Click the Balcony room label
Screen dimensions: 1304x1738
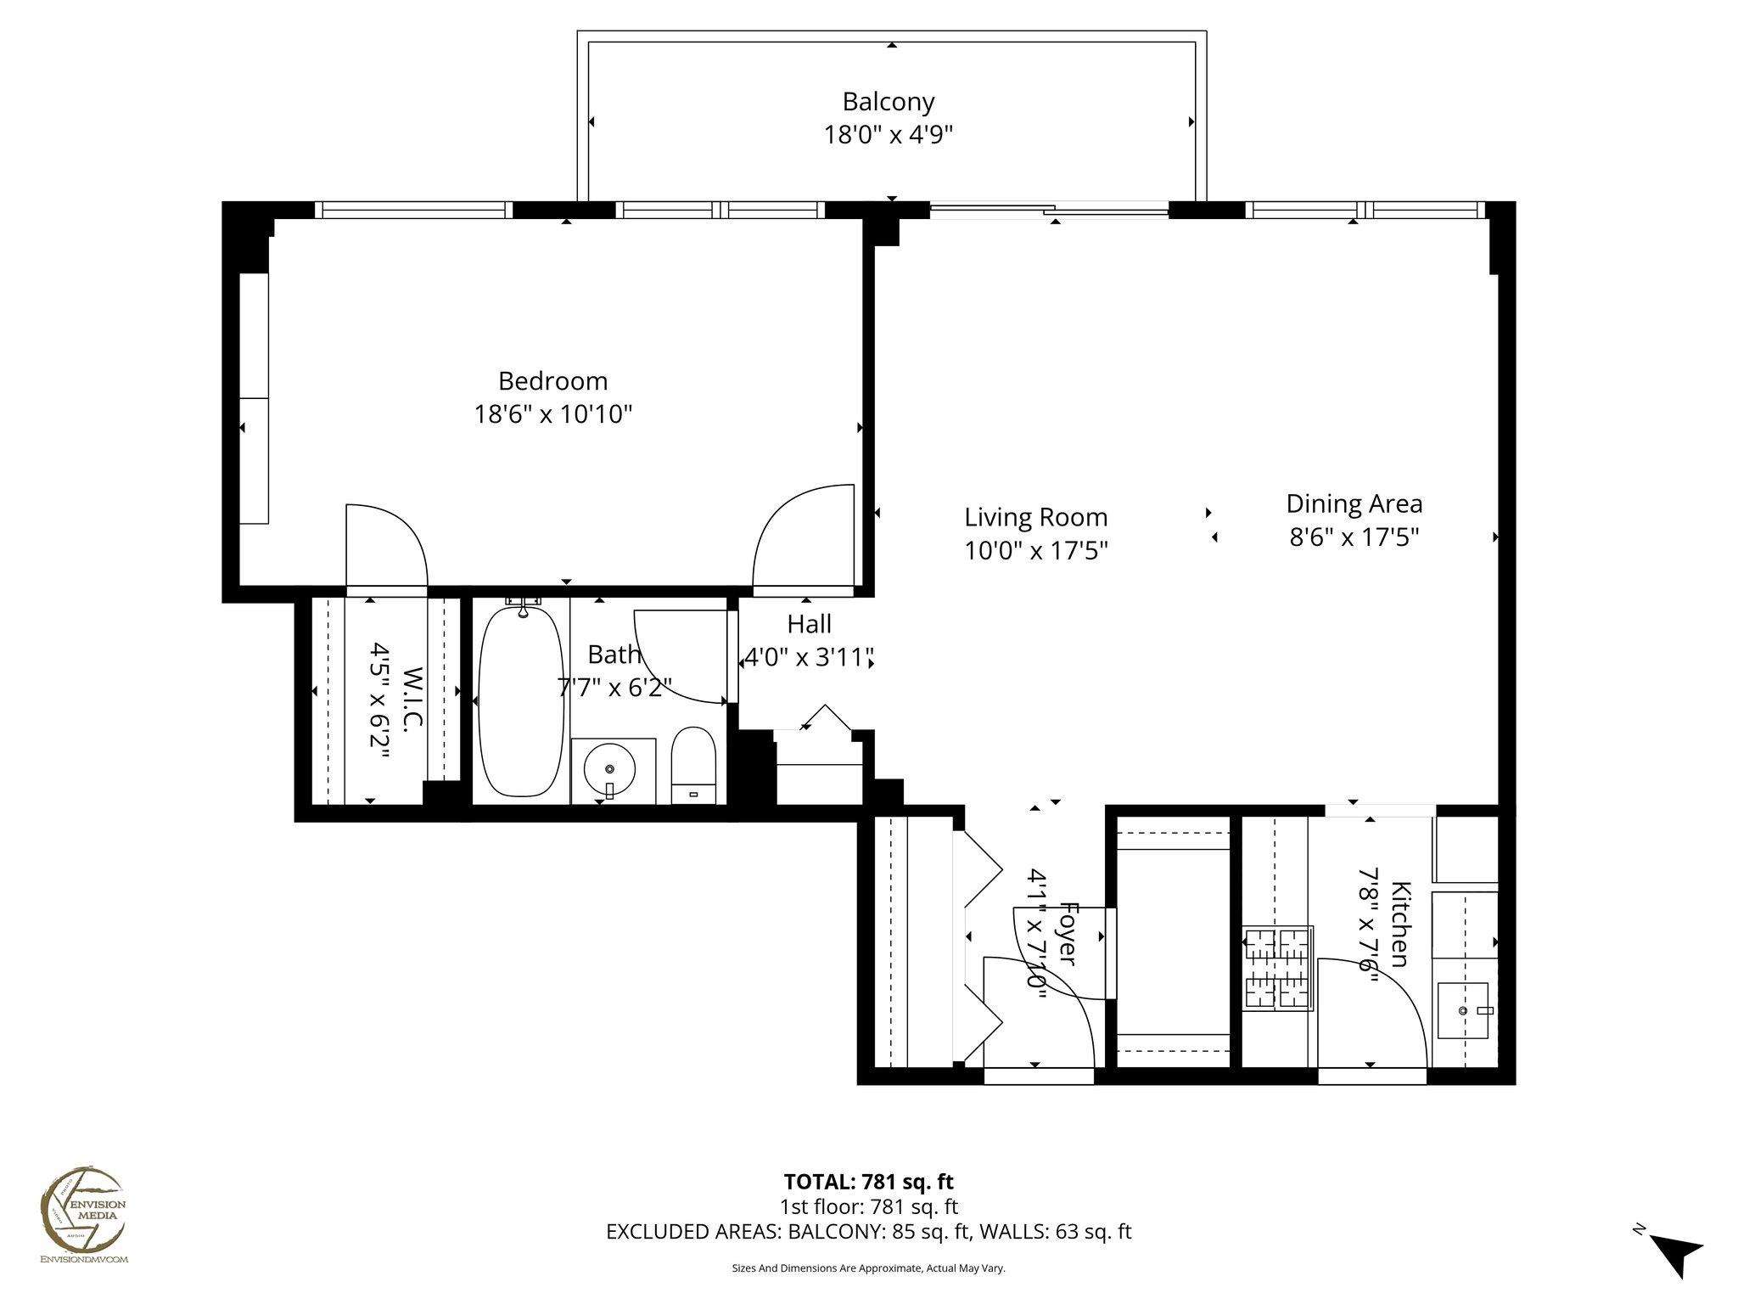(888, 102)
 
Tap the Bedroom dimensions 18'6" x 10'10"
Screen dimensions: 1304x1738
(552, 414)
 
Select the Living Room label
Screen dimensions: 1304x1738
(1035, 517)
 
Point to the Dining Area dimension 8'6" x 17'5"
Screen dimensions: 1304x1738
(1354, 537)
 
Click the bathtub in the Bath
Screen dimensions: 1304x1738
(520, 701)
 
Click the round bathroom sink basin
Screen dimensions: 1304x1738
(609, 767)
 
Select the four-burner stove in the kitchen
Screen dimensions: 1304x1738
(1278, 968)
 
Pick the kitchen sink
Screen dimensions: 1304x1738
(1463, 1010)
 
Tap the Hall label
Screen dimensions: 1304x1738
(809, 624)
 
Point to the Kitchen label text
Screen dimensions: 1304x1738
(1400, 925)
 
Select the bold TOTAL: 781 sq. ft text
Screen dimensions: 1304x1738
(868, 1181)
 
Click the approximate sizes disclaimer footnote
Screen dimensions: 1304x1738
(868, 1268)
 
